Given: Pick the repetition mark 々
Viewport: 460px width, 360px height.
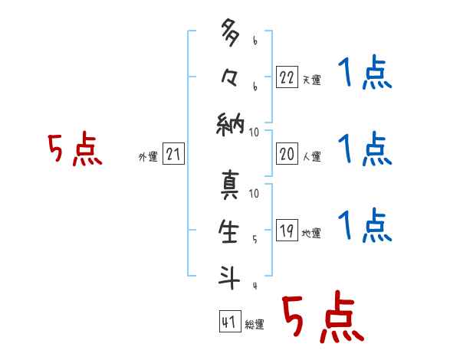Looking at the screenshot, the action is [230, 78].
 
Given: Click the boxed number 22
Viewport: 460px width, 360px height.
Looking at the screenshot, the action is [286, 77].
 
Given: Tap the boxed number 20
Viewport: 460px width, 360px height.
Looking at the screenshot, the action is [286, 153].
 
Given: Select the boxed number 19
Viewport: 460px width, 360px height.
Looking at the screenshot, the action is [286, 230].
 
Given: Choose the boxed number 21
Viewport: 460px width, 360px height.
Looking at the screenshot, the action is [174, 154].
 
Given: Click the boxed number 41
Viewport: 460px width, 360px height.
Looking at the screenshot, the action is [228, 322].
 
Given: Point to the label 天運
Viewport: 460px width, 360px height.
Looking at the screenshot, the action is [312, 80].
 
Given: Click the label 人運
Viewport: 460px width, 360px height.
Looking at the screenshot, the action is [312, 156].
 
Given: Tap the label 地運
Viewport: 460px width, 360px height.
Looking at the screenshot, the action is [312, 233].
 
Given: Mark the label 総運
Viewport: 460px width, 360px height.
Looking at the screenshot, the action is [255, 325].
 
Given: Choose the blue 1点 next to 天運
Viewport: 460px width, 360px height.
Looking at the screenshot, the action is [365, 75].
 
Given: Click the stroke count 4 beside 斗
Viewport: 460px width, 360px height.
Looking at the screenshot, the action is [254, 286].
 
